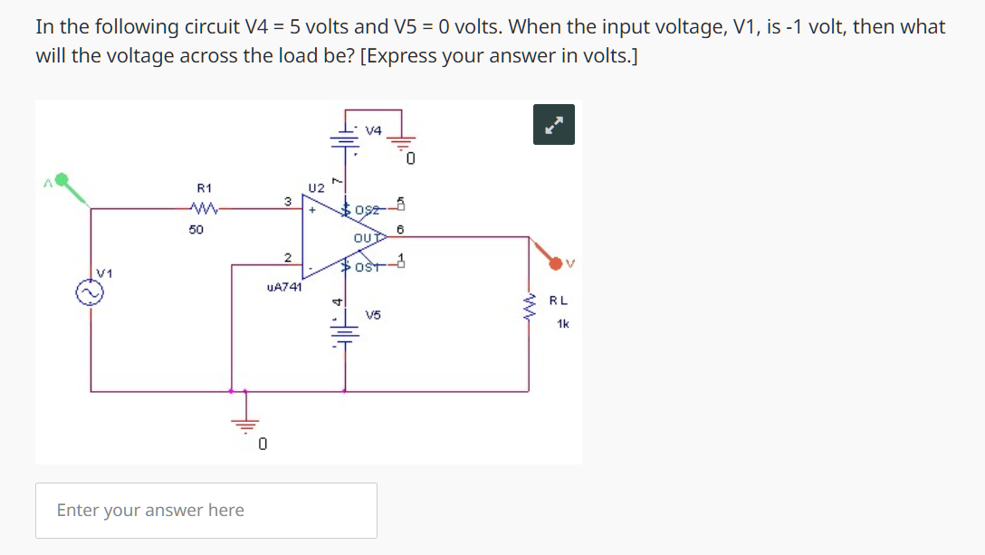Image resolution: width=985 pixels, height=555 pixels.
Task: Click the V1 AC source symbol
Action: point(90,292)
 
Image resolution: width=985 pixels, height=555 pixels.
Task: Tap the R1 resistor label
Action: point(205,188)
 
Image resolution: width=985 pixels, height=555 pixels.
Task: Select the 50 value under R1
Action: point(196,230)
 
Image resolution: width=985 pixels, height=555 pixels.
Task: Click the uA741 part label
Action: point(284,287)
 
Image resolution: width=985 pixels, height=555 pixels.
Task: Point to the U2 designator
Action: point(316,188)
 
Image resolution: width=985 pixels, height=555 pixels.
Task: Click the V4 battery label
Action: point(373,130)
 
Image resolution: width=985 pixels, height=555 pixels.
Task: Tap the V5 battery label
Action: point(373,315)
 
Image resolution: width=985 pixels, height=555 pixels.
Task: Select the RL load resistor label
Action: point(559,301)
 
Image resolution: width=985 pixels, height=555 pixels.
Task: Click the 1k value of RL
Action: point(563,323)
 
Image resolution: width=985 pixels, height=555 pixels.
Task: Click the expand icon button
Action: point(554,125)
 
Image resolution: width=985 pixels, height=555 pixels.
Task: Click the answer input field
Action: point(206,511)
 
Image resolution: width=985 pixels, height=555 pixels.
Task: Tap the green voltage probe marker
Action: point(63,181)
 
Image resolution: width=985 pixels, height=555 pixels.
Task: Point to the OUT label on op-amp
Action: point(366,237)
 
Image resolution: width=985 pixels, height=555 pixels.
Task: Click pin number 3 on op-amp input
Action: point(286,201)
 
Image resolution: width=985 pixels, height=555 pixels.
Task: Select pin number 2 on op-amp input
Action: point(286,257)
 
